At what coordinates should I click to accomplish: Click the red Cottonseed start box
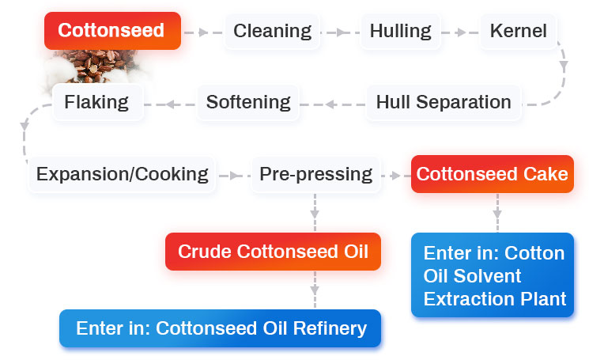pyautogui.click(x=111, y=31)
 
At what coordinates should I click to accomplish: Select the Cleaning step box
pyautogui.click(x=273, y=32)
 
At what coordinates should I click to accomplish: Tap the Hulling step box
pyautogui.click(x=400, y=32)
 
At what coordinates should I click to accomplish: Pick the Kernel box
pyautogui.click(x=518, y=32)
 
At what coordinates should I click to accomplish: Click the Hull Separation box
pyautogui.click(x=443, y=102)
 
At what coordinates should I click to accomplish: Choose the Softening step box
pyautogui.click(x=248, y=102)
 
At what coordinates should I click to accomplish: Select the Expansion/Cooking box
pyautogui.click(x=123, y=174)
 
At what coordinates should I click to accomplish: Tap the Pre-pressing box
pyautogui.click(x=315, y=174)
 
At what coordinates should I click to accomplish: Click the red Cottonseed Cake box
pyautogui.click(x=492, y=174)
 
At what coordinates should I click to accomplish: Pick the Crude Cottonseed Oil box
pyautogui.click(x=273, y=252)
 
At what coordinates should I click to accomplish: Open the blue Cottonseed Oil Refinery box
pyautogui.click(x=221, y=328)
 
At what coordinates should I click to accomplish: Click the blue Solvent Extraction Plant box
pyautogui.click(x=494, y=275)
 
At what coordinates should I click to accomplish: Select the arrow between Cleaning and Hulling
pyautogui.click(x=338, y=32)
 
